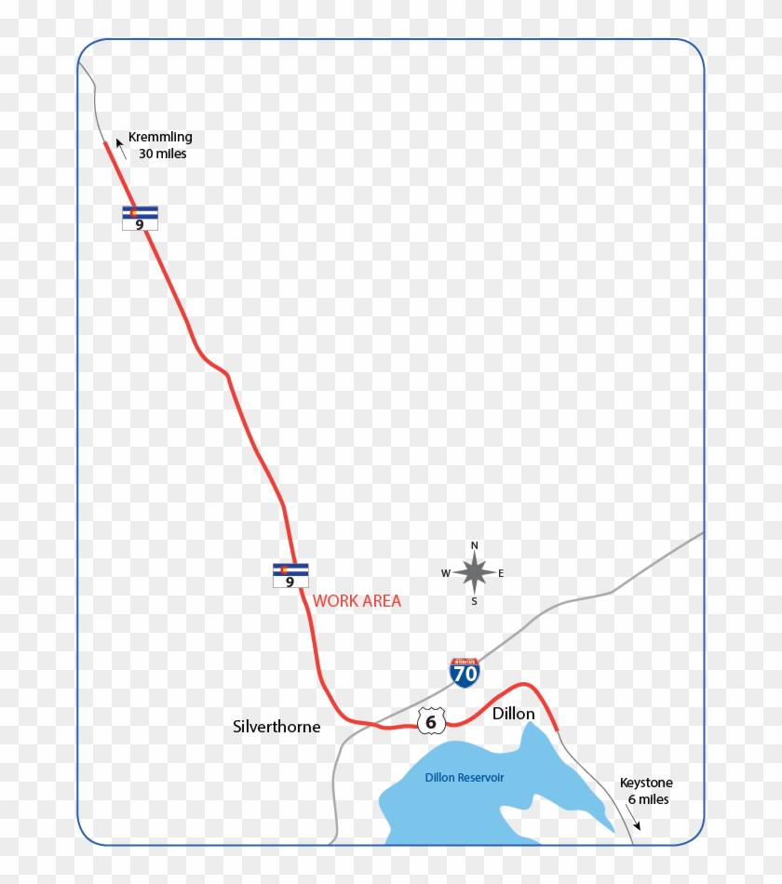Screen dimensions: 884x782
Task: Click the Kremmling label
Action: tap(160, 137)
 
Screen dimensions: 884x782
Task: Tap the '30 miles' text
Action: tap(162, 154)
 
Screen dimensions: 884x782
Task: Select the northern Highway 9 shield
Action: tap(140, 218)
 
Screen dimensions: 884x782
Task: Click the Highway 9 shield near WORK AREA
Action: tap(290, 575)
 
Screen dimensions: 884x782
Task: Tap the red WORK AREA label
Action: tap(357, 601)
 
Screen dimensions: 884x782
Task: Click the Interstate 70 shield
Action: tap(465, 672)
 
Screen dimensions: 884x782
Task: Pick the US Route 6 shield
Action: tap(431, 719)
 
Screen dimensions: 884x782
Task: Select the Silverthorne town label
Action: tap(276, 727)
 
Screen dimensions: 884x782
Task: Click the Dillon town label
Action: tap(513, 714)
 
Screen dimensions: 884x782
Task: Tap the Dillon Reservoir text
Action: tap(465, 777)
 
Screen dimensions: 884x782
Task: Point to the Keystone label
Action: tap(646, 783)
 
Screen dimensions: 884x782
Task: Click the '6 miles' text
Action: tap(648, 799)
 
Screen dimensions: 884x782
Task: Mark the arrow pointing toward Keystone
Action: tap(634, 822)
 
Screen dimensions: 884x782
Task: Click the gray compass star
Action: tap(474, 572)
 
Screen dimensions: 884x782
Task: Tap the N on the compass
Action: tap(474, 546)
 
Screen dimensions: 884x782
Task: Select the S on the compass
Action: tap(474, 601)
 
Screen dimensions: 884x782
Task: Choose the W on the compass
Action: tap(446, 573)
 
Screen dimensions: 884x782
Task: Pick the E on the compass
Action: tap(501, 573)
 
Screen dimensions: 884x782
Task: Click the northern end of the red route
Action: tap(105, 144)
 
